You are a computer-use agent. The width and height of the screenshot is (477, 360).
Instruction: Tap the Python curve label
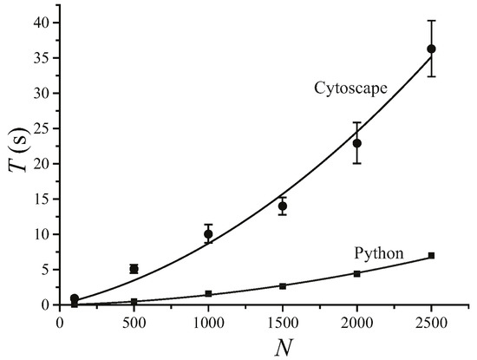pos(380,254)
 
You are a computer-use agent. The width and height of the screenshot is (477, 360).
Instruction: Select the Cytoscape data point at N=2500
pos(431,49)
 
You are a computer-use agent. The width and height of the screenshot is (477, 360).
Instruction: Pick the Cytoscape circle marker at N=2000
pos(356,143)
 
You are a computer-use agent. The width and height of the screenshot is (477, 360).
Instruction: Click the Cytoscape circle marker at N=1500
pos(283,206)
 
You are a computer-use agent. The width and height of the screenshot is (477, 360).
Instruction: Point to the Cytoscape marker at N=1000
pos(208,234)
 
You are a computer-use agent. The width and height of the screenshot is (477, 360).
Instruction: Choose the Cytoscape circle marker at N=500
pos(134,269)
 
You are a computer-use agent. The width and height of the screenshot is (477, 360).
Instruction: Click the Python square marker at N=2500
pos(431,256)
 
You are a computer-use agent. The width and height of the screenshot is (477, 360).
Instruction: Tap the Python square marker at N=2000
pos(356,273)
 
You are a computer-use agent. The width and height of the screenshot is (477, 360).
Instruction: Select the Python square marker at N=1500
pos(283,285)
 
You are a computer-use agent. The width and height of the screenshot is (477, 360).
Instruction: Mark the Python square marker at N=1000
pos(208,294)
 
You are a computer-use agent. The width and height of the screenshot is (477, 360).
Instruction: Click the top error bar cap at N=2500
pos(431,20)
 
